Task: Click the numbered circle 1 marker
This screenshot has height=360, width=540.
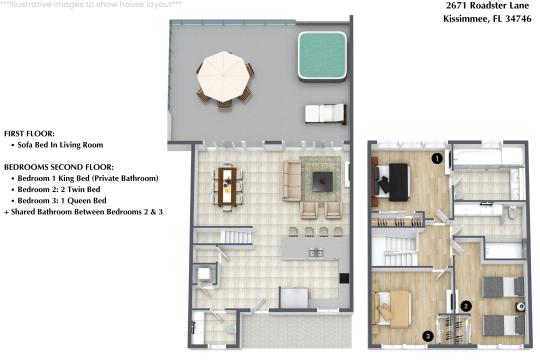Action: click(x=436, y=158)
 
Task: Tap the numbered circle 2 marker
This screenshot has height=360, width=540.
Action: click(x=466, y=305)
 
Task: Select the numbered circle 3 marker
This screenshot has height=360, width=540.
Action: click(x=428, y=336)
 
